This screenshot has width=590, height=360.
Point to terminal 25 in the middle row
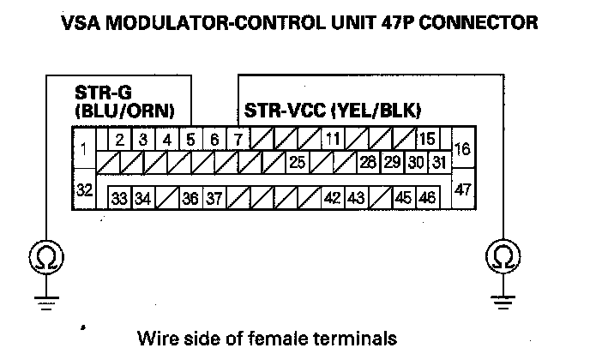click(298, 161)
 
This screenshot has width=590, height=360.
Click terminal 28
click(369, 161)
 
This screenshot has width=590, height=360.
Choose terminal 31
click(439, 161)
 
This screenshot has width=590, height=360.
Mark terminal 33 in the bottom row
click(119, 199)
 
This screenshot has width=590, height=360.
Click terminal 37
click(214, 199)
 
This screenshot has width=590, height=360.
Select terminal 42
click(333, 199)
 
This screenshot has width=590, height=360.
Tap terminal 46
click(426, 199)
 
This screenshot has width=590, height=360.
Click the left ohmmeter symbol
click(41, 255)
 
